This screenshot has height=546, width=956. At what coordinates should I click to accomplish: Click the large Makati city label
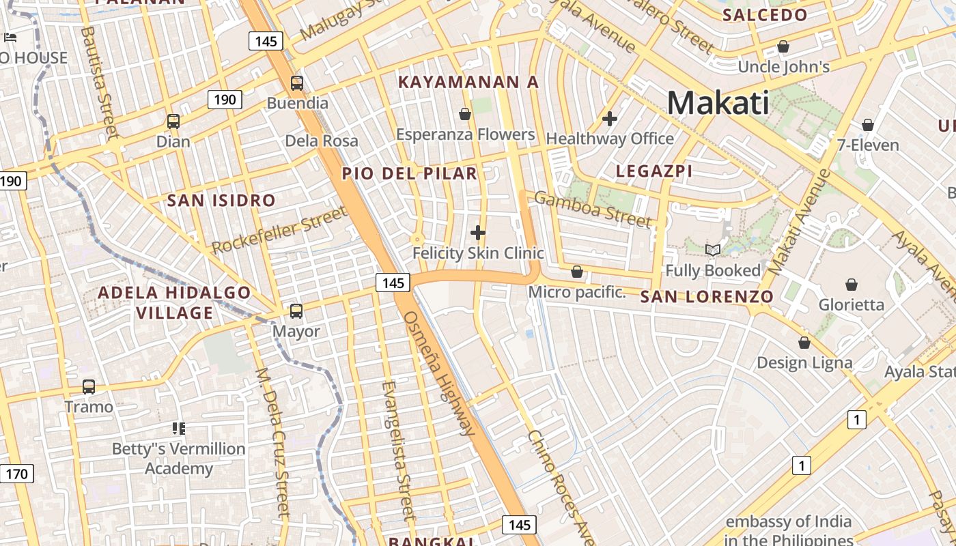718,103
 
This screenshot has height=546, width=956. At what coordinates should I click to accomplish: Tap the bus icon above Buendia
297,83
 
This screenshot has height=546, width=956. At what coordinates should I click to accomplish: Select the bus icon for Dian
173,121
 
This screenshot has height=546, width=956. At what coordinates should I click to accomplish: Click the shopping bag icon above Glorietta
851,284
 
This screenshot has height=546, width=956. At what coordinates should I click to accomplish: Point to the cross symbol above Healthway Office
610,119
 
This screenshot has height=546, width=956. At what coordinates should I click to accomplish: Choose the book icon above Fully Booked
713,250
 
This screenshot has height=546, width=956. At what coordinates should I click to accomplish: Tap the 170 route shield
16,473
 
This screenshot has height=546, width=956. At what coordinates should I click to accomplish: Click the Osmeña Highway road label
439,373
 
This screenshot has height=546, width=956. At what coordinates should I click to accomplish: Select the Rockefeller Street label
280,231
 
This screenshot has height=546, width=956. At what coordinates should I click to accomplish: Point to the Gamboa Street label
593,210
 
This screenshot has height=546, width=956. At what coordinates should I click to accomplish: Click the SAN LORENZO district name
707,297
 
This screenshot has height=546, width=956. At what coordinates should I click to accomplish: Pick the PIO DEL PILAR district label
409,173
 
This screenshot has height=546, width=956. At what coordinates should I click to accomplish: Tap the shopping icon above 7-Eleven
867,125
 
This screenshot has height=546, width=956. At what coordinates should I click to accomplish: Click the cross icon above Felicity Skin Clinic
478,233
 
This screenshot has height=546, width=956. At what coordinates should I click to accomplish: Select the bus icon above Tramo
89,387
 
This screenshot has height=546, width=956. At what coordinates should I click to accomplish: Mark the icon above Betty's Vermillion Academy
178,429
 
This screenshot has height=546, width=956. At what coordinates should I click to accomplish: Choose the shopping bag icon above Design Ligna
804,342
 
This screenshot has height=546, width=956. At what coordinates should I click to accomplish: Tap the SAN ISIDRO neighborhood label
221,201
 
